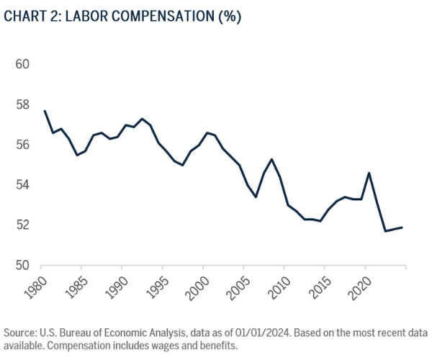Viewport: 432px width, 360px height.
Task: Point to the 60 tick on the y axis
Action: pos(22,64)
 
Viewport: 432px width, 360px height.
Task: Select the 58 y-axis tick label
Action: pos(22,104)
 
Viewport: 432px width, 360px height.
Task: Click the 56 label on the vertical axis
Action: pos(22,145)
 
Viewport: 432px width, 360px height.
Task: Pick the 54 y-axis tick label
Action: pos(22,185)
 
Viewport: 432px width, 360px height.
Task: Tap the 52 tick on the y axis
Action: pos(22,225)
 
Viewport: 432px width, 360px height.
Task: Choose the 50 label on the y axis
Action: pos(22,266)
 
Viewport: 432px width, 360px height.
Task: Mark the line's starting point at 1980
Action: pos(45,111)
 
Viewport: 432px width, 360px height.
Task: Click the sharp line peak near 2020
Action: pos(369,173)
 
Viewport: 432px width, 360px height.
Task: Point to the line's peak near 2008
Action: pos(271,159)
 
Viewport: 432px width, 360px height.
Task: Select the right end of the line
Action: pos(402,228)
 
